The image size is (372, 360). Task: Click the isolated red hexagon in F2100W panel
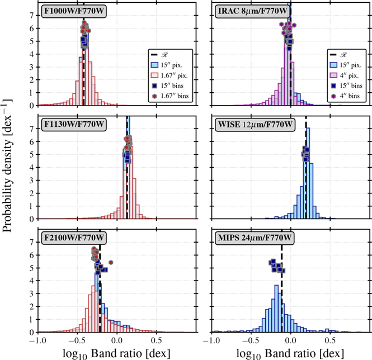111,262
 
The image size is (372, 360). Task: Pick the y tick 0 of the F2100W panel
32,333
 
